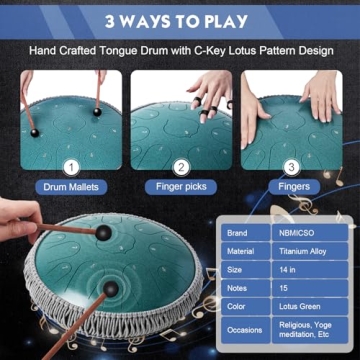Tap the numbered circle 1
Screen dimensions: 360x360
coord(71,167)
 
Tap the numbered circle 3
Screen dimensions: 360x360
coord(291,167)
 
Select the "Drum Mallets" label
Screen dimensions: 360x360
coord(71,187)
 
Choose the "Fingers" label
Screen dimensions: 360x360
coord(291,187)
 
